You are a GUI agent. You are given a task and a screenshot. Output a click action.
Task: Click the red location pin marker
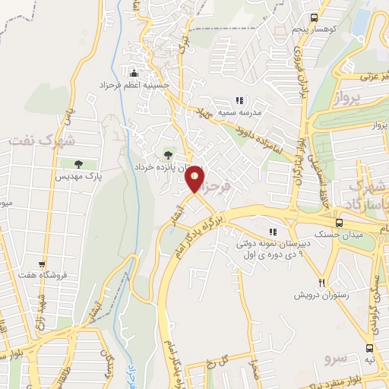click(195, 179)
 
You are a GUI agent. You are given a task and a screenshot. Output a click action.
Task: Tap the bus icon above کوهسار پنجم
click(314, 17)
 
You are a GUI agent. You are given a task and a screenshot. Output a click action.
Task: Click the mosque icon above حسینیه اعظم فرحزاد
click(135, 73)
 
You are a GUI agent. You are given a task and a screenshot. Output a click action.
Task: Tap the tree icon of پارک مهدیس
click(78, 163)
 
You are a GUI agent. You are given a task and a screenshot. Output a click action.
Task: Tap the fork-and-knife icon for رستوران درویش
click(322, 283)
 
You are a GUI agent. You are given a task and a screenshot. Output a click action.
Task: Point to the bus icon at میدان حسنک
click(338, 223)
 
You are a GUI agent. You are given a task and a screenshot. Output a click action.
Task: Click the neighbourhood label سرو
click(334, 356)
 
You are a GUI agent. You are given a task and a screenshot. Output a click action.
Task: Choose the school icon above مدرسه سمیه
click(239, 100)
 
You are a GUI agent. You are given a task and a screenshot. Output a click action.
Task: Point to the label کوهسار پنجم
click(315, 29)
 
